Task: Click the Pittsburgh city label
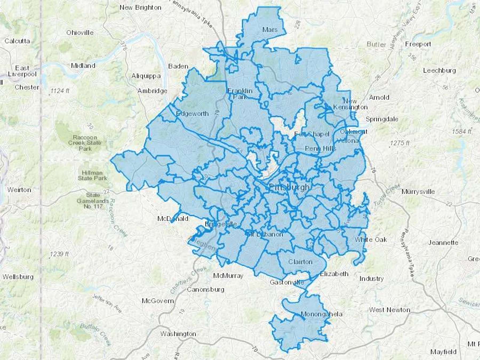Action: (x=289, y=187)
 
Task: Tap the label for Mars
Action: (x=270, y=30)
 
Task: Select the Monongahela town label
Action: (x=321, y=314)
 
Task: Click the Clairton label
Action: (x=300, y=262)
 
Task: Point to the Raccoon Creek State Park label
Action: (x=85, y=143)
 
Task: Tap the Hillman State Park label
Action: (x=92, y=175)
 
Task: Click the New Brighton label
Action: (x=140, y=7)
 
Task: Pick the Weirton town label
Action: (x=19, y=190)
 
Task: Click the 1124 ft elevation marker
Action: (x=60, y=91)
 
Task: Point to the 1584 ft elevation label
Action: (x=462, y=131)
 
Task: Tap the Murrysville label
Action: (x=418, y=191)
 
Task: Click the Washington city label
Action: (x=178, y=334)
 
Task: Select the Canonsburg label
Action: (x=205, y=289)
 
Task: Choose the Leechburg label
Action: (x=439, y=70)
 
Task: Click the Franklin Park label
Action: (x=240, y=94)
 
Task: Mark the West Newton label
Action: (x=389, y=310)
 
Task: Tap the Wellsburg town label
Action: (x=18, y=277)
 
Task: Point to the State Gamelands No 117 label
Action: (x=93, y=201)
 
